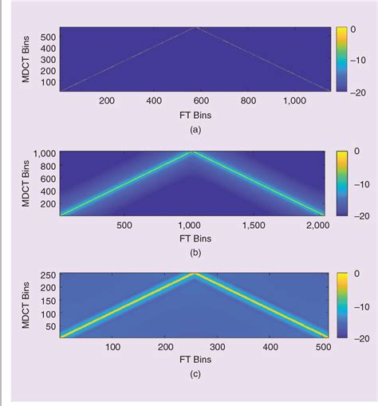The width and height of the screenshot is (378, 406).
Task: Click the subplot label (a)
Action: [195, 128]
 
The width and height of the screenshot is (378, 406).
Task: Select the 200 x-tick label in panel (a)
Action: [107, 101]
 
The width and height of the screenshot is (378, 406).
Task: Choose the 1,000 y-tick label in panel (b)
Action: [44, 152]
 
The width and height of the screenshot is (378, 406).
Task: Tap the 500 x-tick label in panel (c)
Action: [323, 347]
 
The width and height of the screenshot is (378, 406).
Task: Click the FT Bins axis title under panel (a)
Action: [195, 114]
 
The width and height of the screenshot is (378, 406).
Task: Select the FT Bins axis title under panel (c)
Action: [195, 360]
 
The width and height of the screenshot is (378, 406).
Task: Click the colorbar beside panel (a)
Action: [341, 59]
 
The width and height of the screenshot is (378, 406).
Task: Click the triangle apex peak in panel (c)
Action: [205, 274]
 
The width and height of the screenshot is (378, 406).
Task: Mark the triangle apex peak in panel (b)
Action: [192, 152]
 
